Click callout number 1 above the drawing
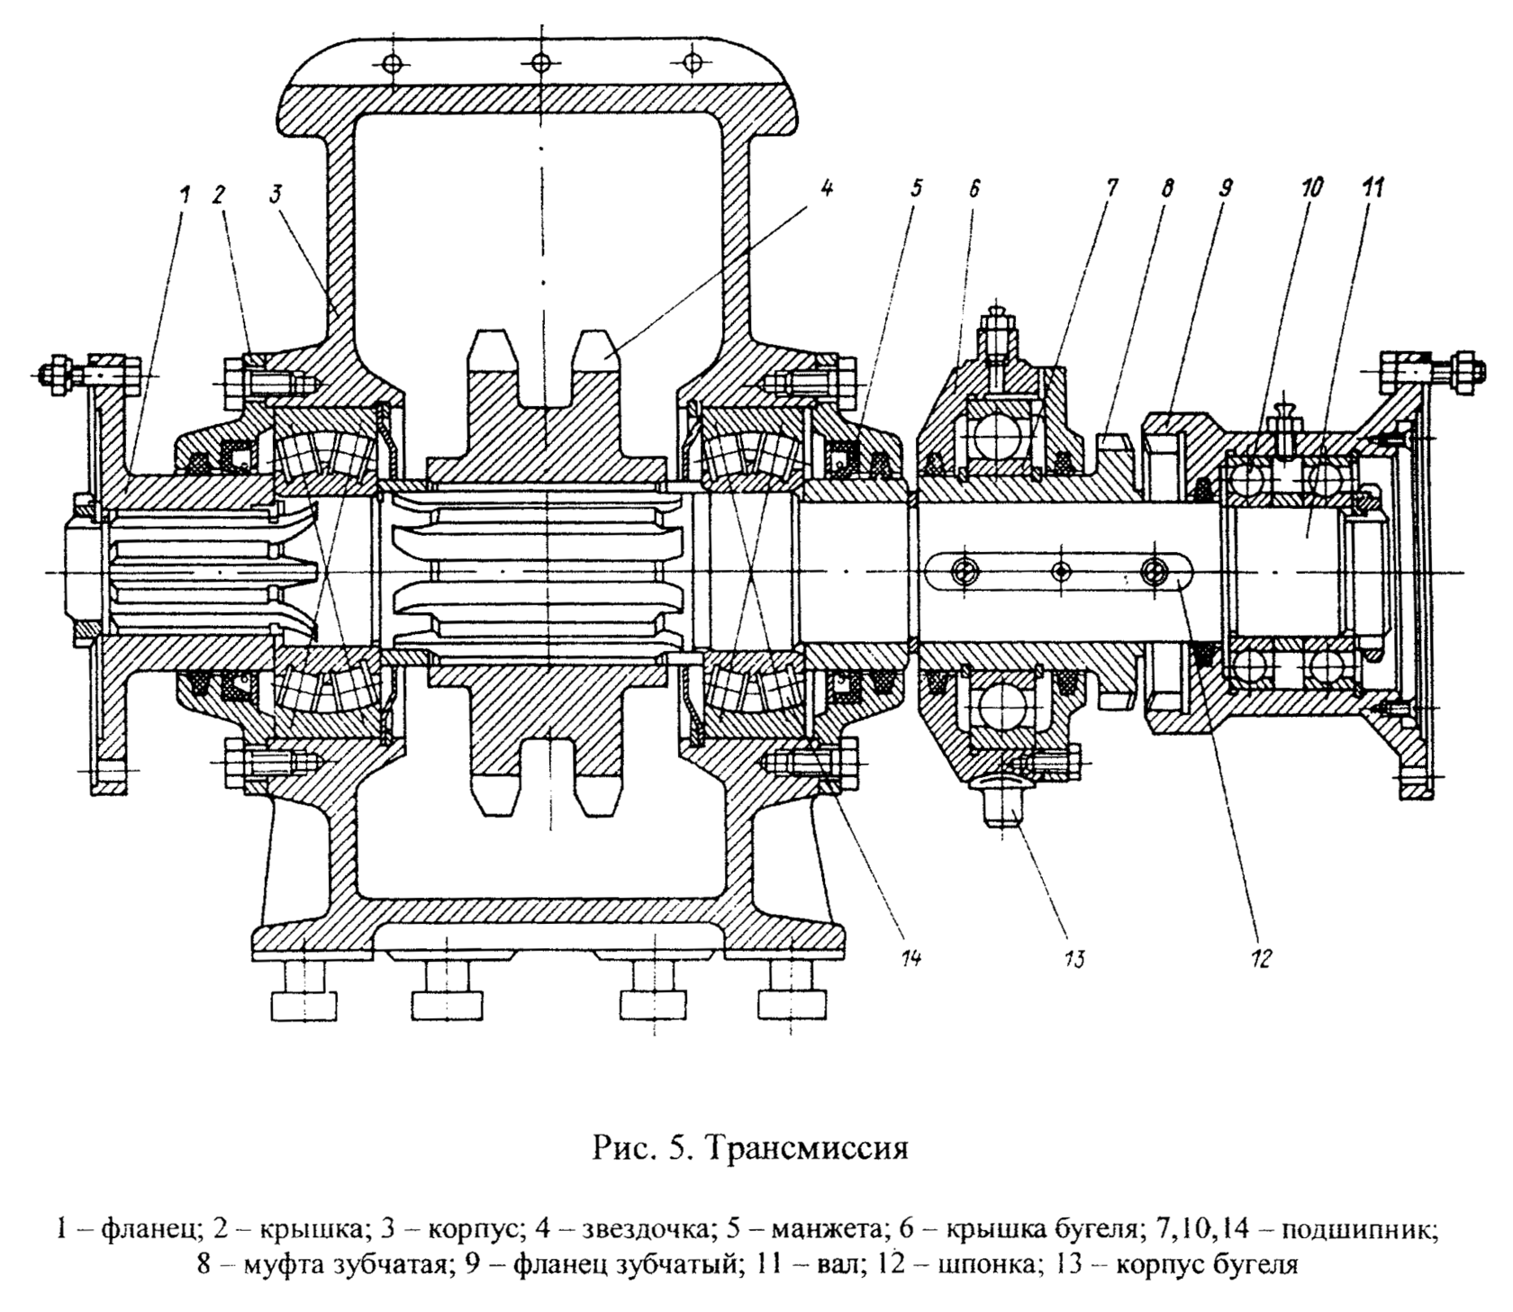(186, 193)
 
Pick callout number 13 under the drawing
(1073, 958)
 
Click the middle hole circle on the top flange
(540, 62)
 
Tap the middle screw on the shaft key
(1063, 571)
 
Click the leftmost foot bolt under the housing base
(304, 1000)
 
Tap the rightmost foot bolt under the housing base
(792, 1000)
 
